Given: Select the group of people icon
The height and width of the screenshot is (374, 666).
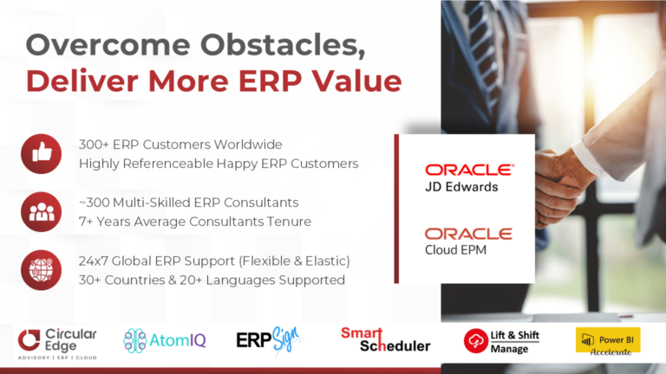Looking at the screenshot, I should coord(41,212).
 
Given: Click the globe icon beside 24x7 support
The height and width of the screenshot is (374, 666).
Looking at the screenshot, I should coord(41,270).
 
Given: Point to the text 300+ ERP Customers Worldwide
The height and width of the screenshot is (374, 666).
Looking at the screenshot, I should coord(180,144).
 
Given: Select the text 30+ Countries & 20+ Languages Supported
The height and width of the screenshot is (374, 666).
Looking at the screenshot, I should coord(212,280).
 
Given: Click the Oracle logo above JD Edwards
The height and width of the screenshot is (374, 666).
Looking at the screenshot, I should coord(468,170).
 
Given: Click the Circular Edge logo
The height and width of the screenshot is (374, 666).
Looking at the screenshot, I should coord(58,341).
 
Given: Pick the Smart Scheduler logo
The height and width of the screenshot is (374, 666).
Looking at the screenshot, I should coord(385,339).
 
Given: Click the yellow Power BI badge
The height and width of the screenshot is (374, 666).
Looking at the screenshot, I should coord(607,339).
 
